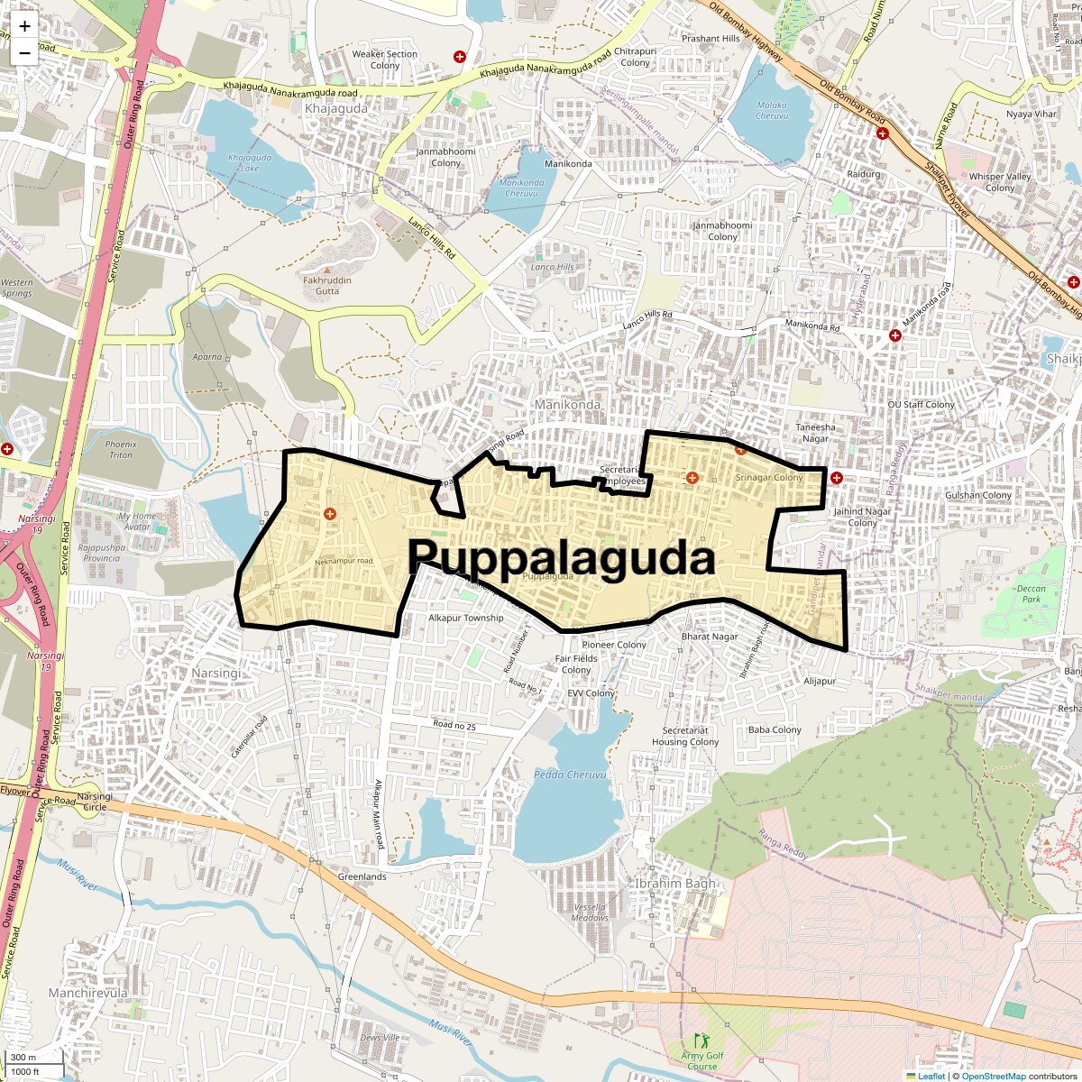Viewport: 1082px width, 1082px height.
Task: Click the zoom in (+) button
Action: pos(24,26)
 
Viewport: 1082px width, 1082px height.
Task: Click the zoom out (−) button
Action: pos(24,53)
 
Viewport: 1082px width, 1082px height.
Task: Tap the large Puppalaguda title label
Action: pos(561,557)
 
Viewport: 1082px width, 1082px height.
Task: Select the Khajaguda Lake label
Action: pos(250,163)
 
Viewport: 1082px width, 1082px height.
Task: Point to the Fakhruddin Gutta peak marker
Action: pos(327,270)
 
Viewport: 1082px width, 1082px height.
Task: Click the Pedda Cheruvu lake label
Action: pos(569,775)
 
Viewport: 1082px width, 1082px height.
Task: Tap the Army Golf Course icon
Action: pos(701,1041)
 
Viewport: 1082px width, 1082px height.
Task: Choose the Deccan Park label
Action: pos(1031,594)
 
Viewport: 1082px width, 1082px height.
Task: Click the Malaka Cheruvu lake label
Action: pos(772,110)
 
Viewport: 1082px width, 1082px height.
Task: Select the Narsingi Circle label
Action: pos(95,802)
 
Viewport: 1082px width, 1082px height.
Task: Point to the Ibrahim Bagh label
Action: pos(675,884)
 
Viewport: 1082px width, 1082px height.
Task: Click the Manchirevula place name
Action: pos(87,993)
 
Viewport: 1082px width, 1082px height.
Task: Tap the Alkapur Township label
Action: pos(465,618)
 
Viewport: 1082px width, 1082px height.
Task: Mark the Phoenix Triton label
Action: pos(121,449)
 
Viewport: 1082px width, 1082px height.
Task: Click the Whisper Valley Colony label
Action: pos(999,182)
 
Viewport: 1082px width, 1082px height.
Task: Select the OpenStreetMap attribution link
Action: pos(993,1076)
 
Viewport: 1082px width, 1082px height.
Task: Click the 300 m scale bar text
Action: pos(23,1058)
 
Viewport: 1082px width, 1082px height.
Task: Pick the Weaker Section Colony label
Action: pos(385,60)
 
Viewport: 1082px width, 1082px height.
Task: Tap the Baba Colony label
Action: pos(775,729)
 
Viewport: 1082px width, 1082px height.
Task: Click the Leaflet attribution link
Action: pos(931,1076)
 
